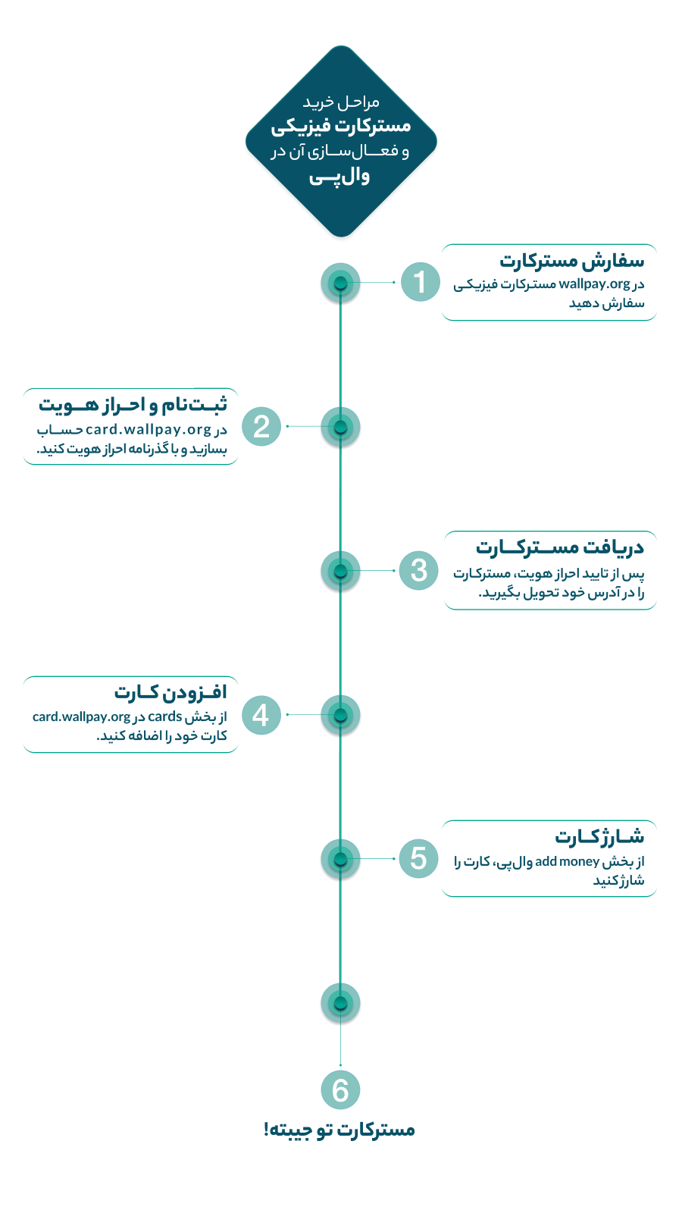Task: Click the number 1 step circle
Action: [x=420, y=281]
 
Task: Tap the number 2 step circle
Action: [x=261, y=426]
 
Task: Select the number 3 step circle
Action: [x=418, y=570]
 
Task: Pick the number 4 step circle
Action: [x=261, y=715]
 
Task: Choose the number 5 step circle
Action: [x=418, y=858]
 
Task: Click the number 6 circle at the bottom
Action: [x=340, y=1090]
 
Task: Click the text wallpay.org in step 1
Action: [x=594, y=284]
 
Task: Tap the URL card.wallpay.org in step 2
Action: [x=149, y=429]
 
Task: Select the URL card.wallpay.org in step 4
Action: [x=81, y=717]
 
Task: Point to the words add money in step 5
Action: [x=567, y=861]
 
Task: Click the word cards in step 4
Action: [x=164, y=716]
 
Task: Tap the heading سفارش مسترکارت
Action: [x=571, y=261]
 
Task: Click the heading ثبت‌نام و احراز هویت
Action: [x=133, y=404]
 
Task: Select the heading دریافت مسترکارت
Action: [x=560, y=547]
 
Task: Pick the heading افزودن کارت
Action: [x=170, y=691]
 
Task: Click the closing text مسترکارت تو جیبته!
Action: [x=339, y=1130]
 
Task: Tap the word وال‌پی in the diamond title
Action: [x=339, y=177]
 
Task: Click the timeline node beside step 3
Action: [x=340, y=571]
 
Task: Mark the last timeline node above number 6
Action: [x=340, y=1003]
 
